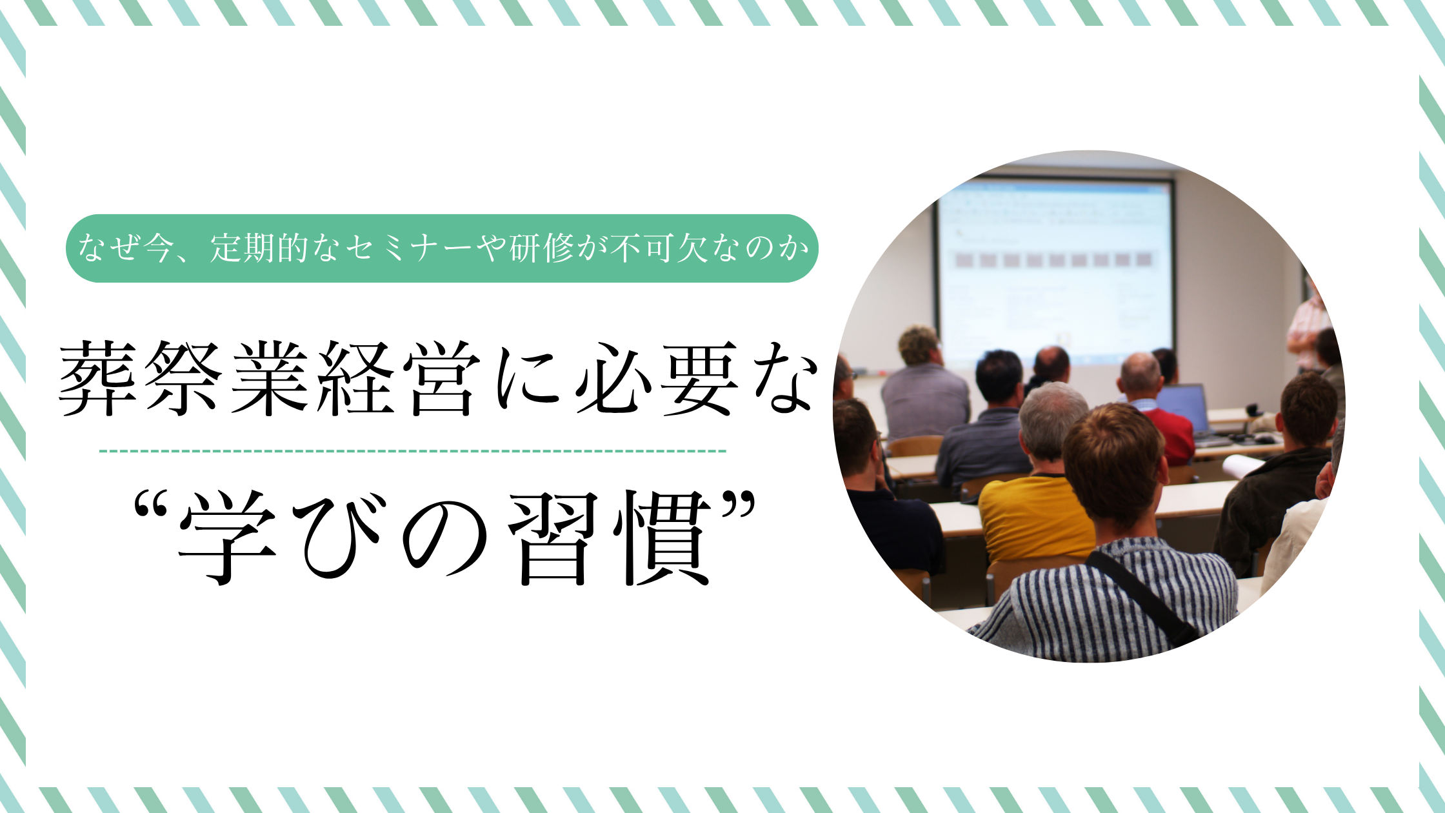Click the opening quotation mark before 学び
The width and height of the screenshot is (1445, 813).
tap(151, 505)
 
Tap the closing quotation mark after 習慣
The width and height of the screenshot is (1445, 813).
tap(737, 505)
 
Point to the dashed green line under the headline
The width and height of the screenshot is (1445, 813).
tap(413, 451)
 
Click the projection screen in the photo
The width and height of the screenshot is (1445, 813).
tap(1054, 271)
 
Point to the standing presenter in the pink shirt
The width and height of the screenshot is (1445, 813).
tap(1306, 329)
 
